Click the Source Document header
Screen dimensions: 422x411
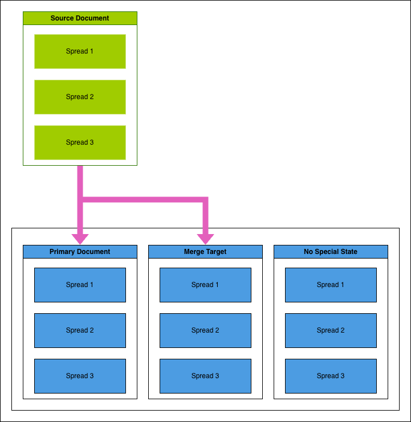80,18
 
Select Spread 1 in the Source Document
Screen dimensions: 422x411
80,51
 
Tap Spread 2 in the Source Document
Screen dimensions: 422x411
80,97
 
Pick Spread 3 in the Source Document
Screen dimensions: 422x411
80,142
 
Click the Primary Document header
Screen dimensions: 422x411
80,252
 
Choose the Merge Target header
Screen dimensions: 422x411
205,252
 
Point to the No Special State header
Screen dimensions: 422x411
331,252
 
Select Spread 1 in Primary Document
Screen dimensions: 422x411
80,285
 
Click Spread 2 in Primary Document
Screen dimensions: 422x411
80,330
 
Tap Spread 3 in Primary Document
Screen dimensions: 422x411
80,376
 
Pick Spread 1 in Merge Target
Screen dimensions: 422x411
205,285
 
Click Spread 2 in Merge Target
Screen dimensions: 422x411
205,330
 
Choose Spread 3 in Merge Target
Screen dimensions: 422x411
205,376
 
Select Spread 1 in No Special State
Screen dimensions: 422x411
331,285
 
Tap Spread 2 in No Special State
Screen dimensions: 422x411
331,330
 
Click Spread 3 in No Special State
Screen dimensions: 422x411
331,376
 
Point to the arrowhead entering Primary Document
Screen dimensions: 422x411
80,239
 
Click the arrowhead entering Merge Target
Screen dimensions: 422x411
205,239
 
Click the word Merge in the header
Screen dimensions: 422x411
194,252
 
